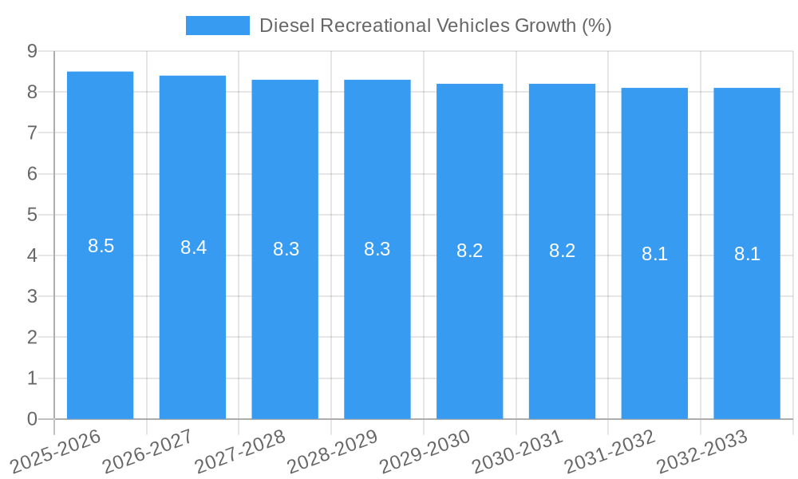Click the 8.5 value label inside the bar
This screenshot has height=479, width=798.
point(101,246)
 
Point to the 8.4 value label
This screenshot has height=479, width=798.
point(193,247)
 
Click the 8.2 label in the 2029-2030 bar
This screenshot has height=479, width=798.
point(469,251)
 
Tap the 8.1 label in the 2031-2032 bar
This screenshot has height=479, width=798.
point(654,254)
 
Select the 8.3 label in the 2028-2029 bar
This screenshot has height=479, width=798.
point(377,249)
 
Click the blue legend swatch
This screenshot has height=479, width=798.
point(217,26)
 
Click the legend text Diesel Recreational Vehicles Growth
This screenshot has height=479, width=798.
point(435,26)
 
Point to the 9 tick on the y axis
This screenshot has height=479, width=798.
point(32,51)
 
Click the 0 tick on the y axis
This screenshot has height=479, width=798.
point(32,419)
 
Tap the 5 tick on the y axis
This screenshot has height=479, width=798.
point(32,215)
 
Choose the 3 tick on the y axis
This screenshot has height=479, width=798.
point(32,296)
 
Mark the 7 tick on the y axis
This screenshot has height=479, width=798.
point(32,133)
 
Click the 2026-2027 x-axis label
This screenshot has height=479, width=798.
point(148,451)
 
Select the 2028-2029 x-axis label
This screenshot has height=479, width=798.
point(332,451)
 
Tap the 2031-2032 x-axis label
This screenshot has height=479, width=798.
point(610,451)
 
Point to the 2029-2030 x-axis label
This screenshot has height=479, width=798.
point(425,451)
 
